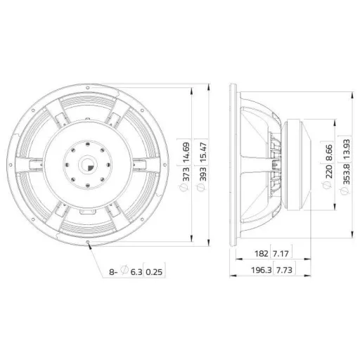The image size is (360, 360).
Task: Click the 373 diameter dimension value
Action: click(x=186, y=174)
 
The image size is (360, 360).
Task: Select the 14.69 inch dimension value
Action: click(x=186, y=153)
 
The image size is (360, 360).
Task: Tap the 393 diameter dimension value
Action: click(x=203, y=174)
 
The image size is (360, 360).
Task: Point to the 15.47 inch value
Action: click(x=203, y=153)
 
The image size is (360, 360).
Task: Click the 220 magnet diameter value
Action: click(x=329, y=172)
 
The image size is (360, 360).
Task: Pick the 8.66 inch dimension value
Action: click(x=329, y=153)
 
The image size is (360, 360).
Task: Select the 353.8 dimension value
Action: click(x=346, y=174)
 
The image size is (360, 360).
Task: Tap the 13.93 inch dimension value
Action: click(x=346, y=149)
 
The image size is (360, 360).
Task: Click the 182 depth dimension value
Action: click(x=261, y=253)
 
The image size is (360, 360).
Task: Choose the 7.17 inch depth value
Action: click(x=281, y=253)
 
